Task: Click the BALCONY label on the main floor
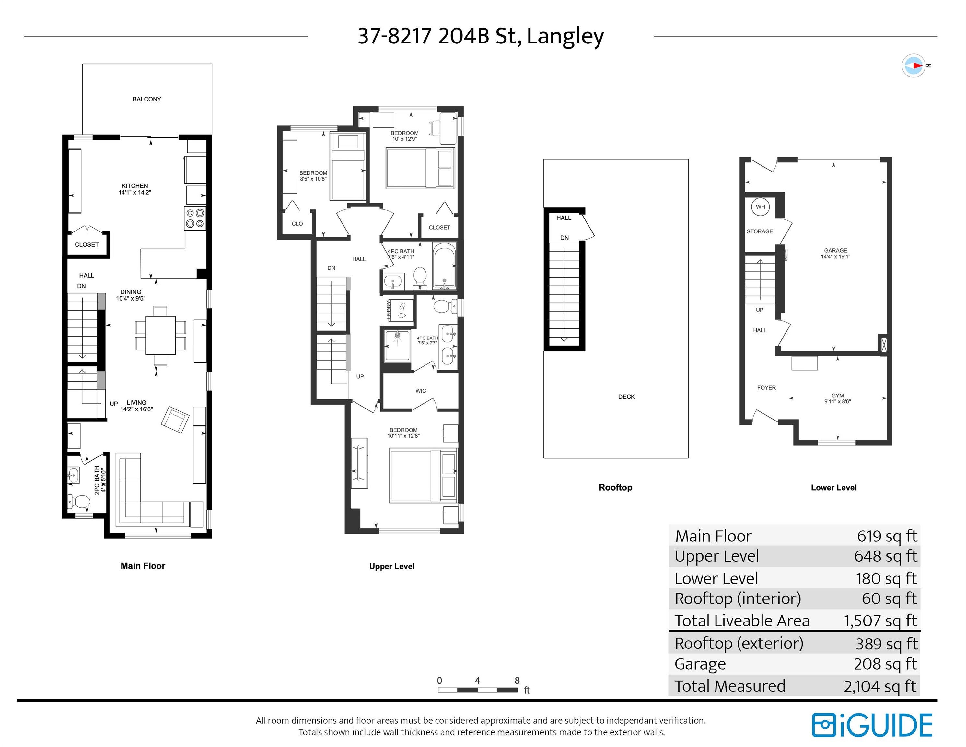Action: tap(147, 99)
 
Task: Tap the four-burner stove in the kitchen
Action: tap(195, 219)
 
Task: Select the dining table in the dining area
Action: tap(160, 335)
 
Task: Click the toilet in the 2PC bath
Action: tap(80, 501)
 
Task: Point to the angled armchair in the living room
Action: tap(175, 420)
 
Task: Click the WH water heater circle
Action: tap(760, 207)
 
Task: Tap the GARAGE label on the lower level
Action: tap(835, 251)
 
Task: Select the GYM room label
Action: tap(837, 396)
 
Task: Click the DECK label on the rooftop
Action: tap(626, 397)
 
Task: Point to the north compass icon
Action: tap(914, 66)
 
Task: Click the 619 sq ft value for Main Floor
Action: tap(887, 536)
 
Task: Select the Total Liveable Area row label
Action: tap(742, 621)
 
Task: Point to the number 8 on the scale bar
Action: tap(517, 680)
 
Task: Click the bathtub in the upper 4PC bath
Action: tap(444, 266)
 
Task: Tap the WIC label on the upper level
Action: tap(421, 391)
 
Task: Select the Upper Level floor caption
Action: tap(392, 566)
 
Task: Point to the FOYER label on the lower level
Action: tap(766, 388)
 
